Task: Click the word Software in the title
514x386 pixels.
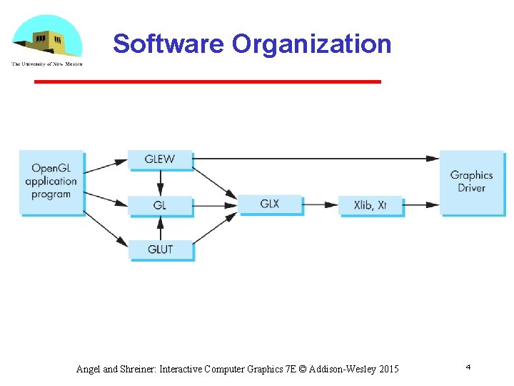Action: pyautogui.click(x=168, y=44)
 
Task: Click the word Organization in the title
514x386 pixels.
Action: pyautogui.click(x=311, y=44)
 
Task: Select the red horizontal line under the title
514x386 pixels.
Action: pyautogui.click(x=207, y=82)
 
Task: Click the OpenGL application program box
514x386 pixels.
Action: pyautogui.click(x=51, y=182)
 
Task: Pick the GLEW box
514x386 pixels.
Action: pyautogui.click(x=160, y=159)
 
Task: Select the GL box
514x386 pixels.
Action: pyautogui.click(x=160, y=204)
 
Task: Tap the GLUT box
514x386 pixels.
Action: pyautogui.click(x=160, y=249)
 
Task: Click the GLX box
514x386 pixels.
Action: pyautogui.click(x=270, y=204)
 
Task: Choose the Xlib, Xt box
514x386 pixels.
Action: pyautogui.click(x=371, y=204)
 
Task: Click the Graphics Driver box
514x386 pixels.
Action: pyautogui.click(x=471, y=182)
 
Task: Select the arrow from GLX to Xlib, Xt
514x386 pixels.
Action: pyautogui.click(x=320, y=204)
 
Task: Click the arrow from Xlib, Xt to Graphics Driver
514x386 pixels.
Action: pyautogui.click(x=421, y=204)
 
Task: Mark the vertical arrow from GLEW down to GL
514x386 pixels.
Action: pyautogui.click(x=160, y=182)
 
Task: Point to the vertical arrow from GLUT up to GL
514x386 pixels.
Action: pyautogui.click(x=160, y=227)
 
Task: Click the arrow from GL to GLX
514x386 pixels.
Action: pyautogui.click(x=215, y=204)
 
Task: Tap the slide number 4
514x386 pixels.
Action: pyautogui.click(x=468, y=367)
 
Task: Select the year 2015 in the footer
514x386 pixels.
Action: pyautogui.click(x=389, y=370)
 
